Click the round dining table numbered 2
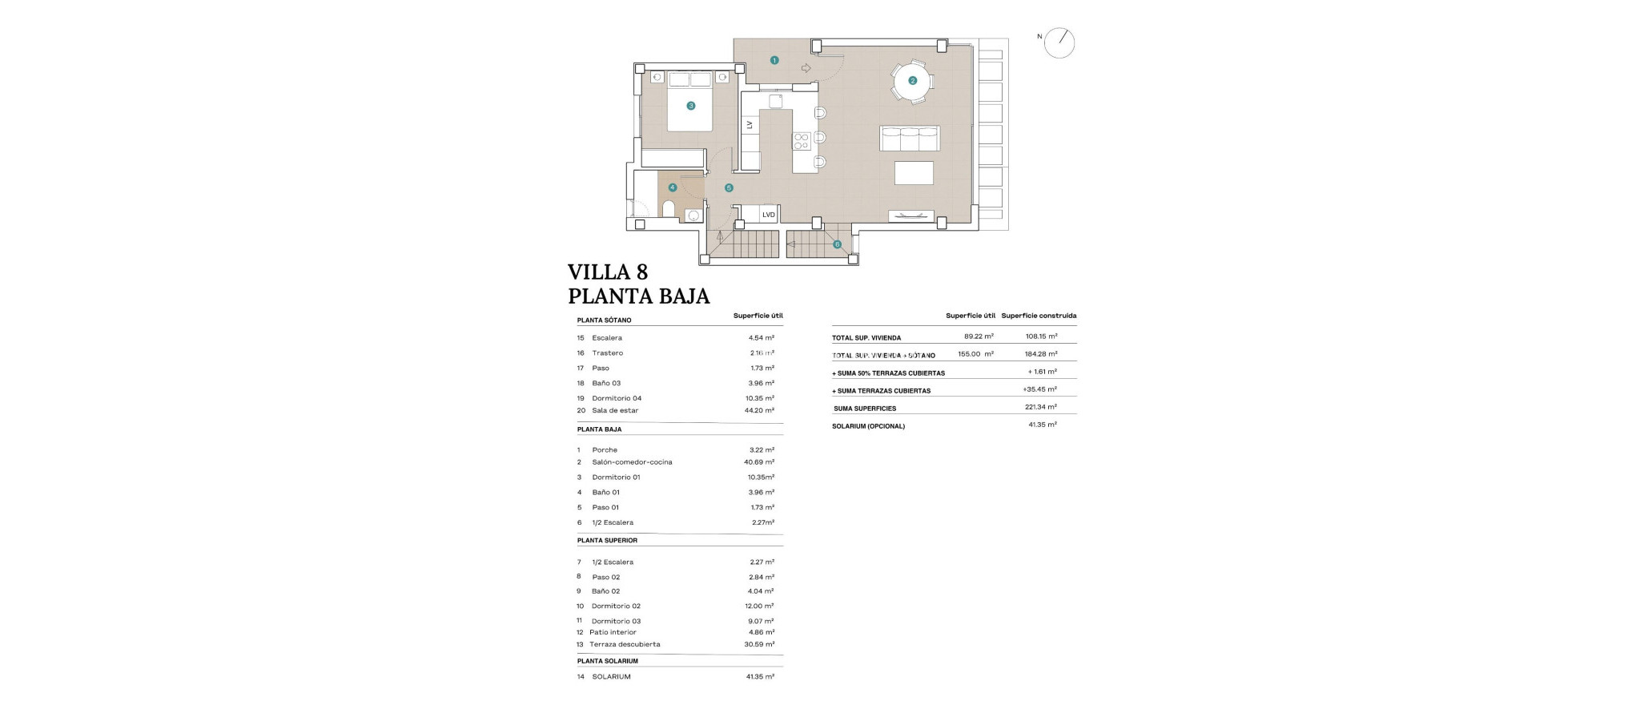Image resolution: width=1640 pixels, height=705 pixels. tap(912, 80)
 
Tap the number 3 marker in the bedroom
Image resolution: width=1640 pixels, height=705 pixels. tap(690, 106)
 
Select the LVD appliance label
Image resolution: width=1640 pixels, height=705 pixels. tap(768, 215)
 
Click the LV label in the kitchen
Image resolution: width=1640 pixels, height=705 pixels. tap(750, 125)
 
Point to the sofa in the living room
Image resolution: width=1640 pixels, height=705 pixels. tap(910, 139)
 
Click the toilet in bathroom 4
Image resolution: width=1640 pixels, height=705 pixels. tap(669, 209)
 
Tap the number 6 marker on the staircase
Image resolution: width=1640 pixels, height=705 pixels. tap(837, 244)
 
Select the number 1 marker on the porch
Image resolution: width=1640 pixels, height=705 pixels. tap(774, 60)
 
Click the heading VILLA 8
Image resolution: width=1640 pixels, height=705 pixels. tap(608, 272)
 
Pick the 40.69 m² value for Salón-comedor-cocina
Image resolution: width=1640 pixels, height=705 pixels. tap(758, 462)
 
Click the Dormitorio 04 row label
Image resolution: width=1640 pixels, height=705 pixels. tap(617, 398)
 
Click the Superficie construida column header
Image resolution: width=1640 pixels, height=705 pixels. tap(1039, 316)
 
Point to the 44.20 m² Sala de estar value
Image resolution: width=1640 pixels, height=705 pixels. tap(758, 410)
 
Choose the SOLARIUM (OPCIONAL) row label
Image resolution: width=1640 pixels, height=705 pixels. tap(868, 426)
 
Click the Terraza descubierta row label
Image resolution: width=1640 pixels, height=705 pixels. tap(625, 644)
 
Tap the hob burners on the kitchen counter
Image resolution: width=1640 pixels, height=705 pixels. tap(801, 142)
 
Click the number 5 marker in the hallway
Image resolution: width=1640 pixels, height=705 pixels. tap(729, 188)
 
